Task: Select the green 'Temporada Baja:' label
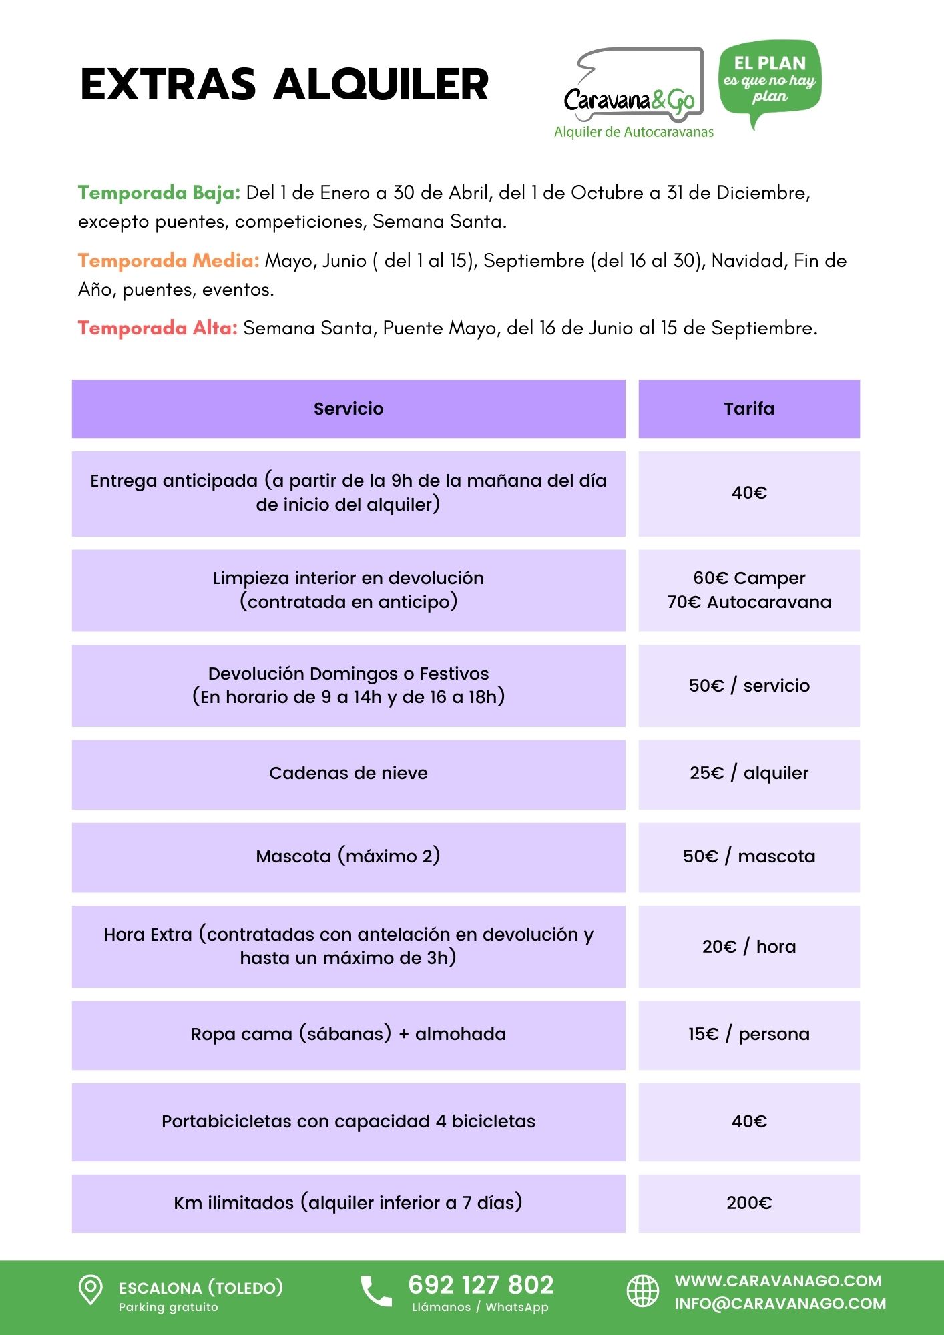point(159,193)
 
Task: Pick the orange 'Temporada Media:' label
point(168,260)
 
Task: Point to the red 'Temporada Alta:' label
point(158,328)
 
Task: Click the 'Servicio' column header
point(348,409)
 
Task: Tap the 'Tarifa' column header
point(749,409)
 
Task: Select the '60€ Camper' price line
point(749,578)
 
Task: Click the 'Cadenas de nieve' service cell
point(348,773)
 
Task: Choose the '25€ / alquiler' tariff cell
point(749,773)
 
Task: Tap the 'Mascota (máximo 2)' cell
point(348,856)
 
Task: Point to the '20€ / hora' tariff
point(749,947)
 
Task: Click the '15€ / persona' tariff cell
point(749,1034)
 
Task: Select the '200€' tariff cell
point(749,1203)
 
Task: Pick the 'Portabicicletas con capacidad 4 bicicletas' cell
point(348,1121)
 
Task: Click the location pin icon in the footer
point(91,1290)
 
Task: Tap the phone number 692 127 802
point(481,1285)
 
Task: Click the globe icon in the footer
point(642,1290)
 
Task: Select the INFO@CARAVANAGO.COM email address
point(780,1304)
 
